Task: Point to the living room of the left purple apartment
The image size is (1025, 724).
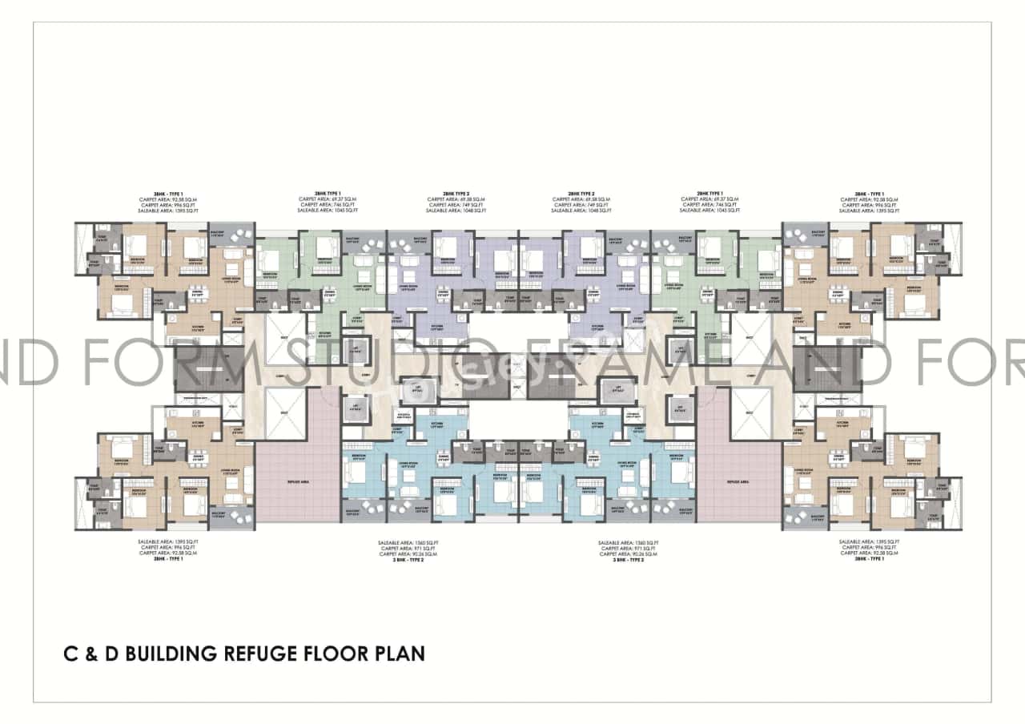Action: [408, 284]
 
